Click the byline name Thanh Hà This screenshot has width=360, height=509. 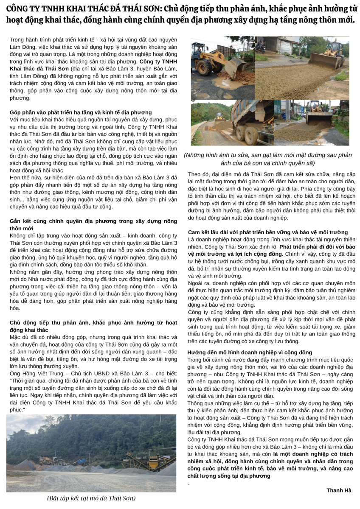coord(339,490)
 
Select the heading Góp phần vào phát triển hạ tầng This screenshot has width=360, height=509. coord(81,112)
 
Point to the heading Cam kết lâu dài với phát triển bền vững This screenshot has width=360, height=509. coord(268,232)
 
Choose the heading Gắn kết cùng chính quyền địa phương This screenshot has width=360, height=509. coord(93,221)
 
